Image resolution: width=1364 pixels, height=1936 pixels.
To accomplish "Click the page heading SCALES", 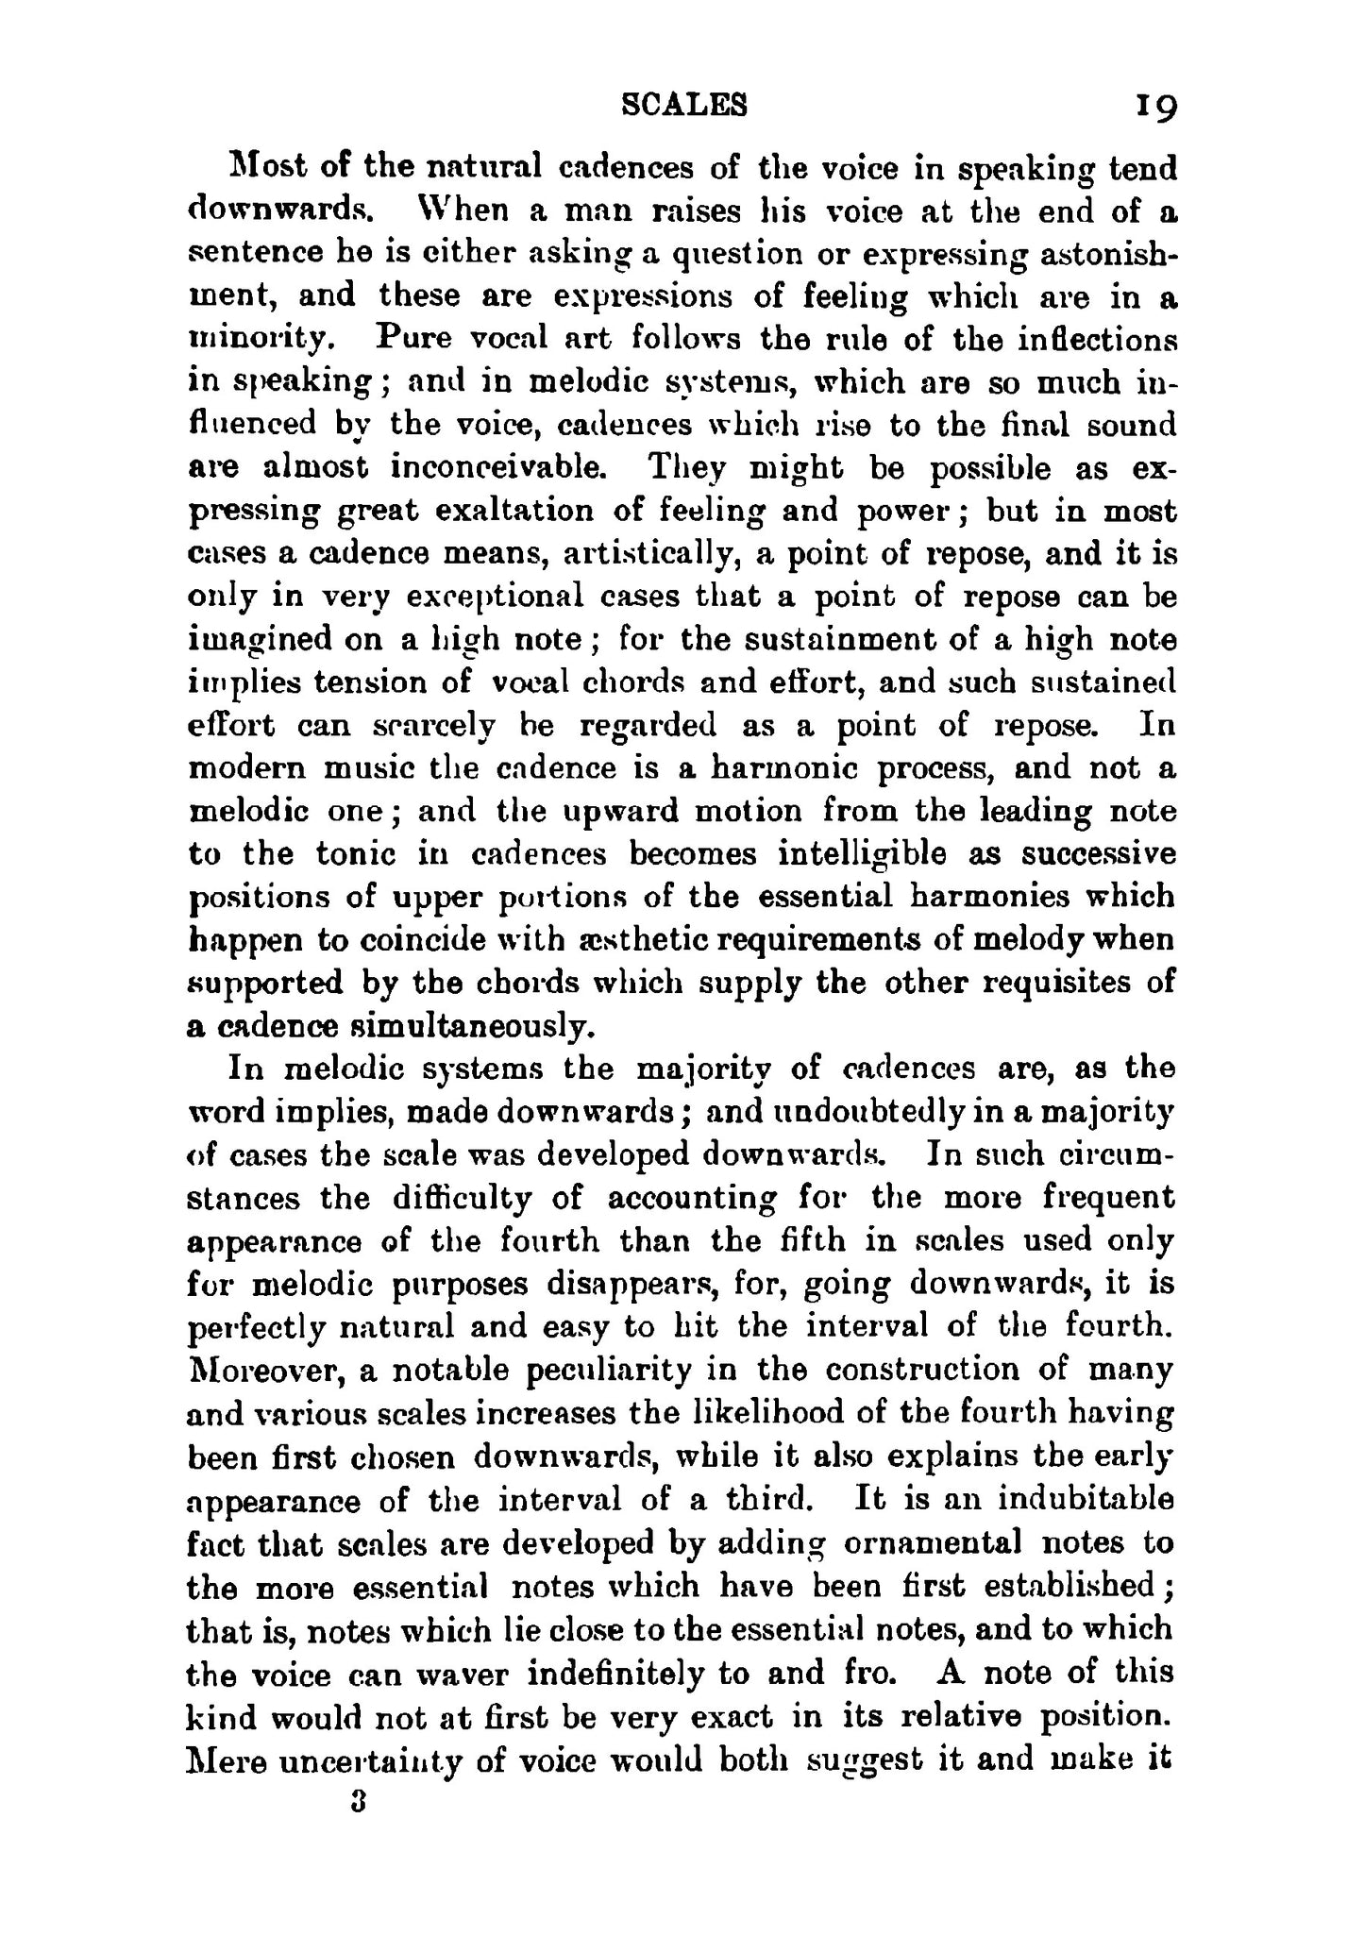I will [685, 105].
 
